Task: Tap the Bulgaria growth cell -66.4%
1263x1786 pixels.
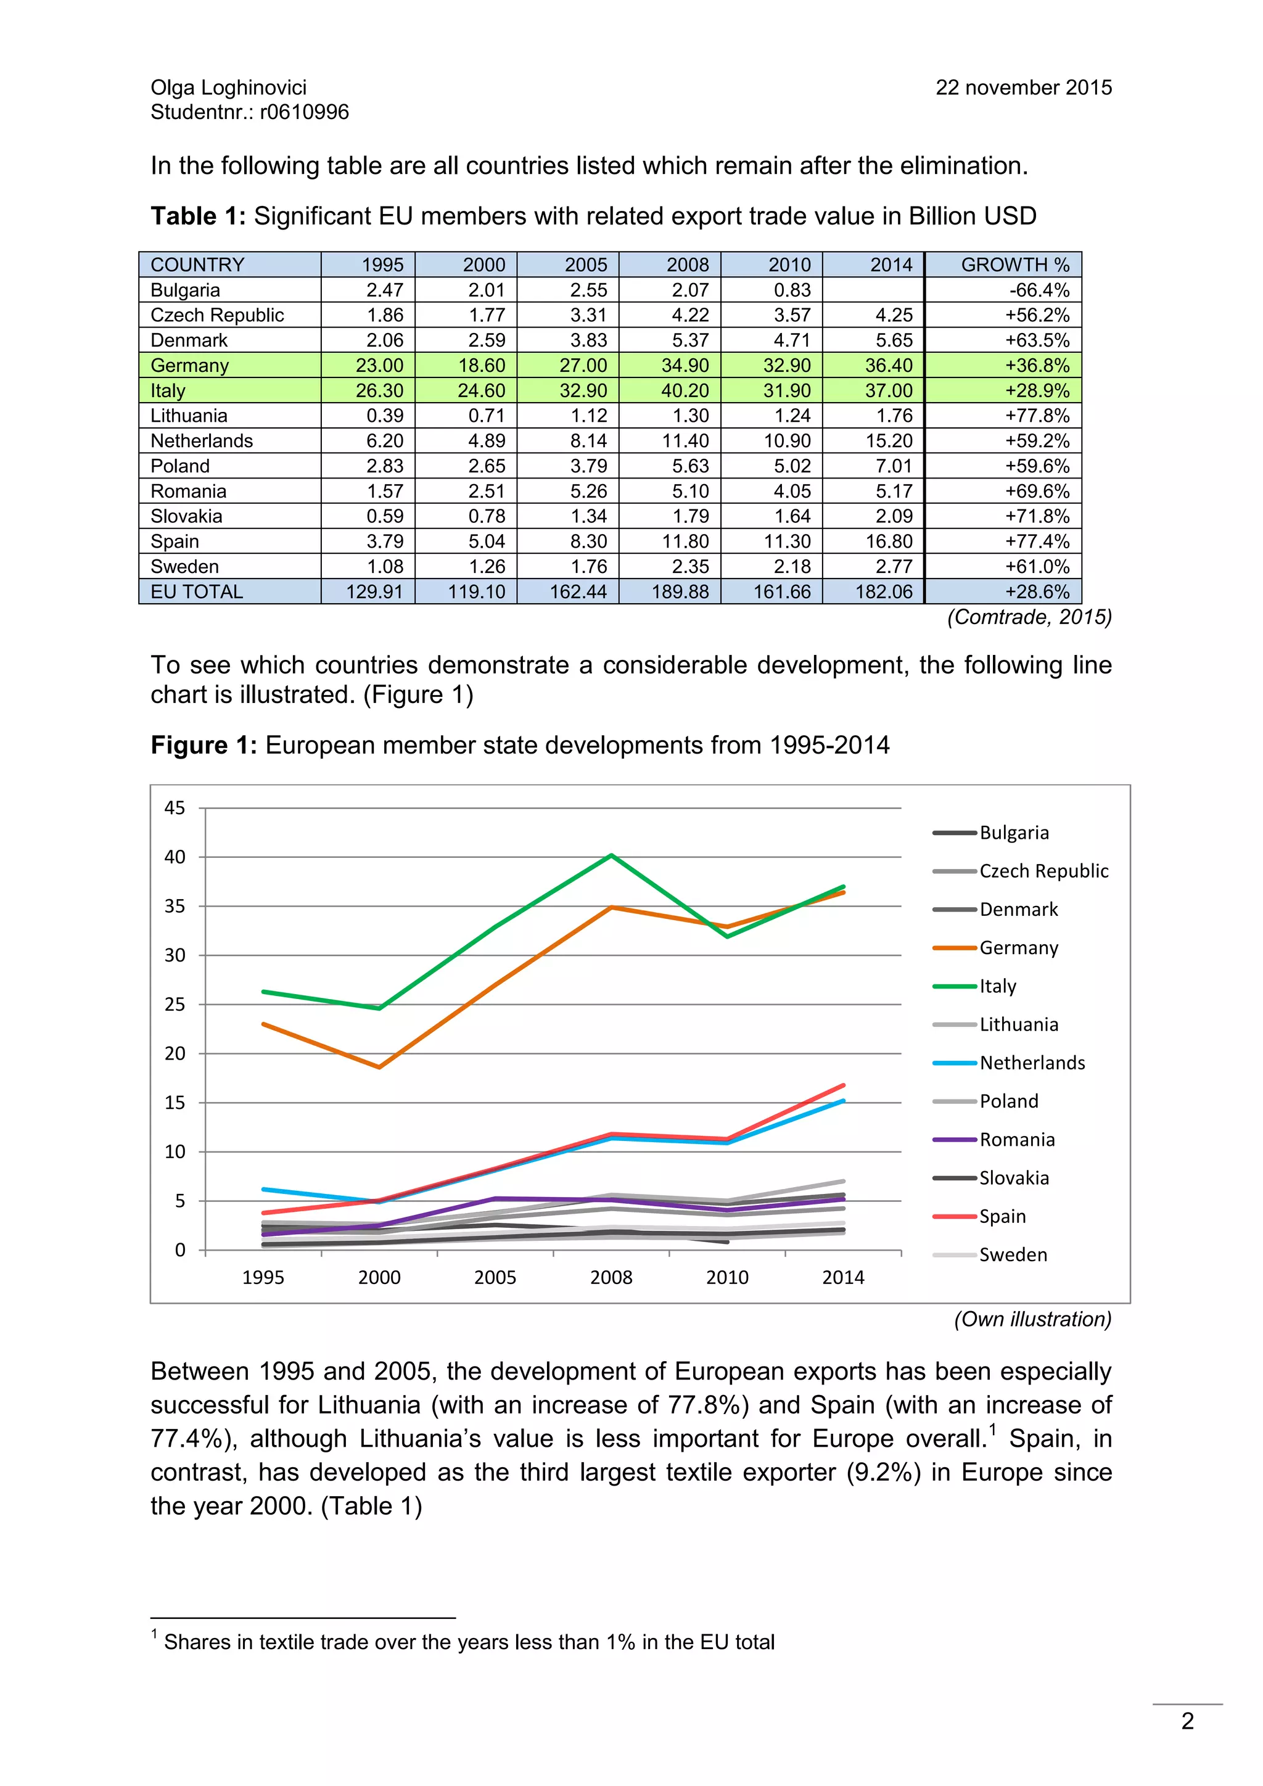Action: (1039, 290)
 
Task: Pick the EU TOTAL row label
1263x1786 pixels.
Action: (197, 592)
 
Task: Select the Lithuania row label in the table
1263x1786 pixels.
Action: (189, 416)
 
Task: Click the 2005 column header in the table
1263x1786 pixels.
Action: (586, 265)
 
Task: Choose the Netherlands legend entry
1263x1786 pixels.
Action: (1031, 1063)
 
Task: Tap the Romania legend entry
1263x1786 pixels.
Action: (1016, 1140)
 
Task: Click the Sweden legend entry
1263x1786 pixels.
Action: (1013, 1255)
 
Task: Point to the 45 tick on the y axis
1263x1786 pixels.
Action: (175, 809)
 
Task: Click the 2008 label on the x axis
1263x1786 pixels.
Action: (611, 1277)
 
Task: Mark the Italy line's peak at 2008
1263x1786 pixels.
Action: (612, 855)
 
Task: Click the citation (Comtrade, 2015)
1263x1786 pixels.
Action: (1029, 617)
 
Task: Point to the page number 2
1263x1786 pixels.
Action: (1187, 1721)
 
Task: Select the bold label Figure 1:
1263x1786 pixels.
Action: (203, 745)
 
